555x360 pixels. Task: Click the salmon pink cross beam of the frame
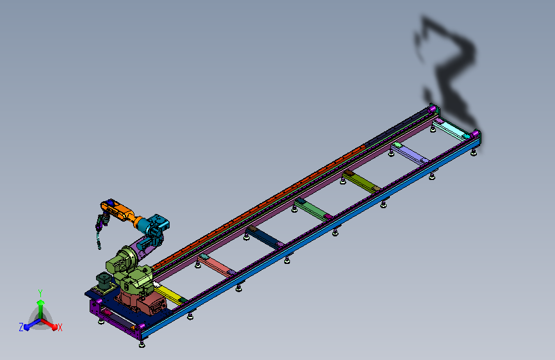tap(216, 265)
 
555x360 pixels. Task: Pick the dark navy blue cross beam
tap(264, 237)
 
